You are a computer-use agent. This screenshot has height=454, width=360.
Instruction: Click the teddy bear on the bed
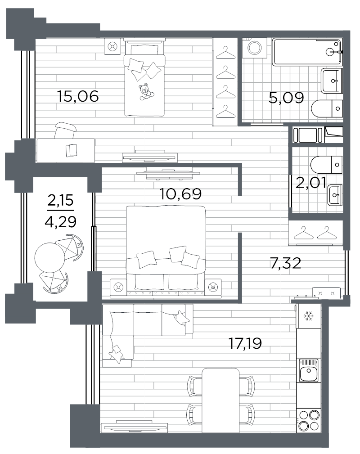pyautogui.click(x=146, y=92)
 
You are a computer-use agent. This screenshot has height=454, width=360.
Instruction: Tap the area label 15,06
pyautogui.click(x=77, y=96)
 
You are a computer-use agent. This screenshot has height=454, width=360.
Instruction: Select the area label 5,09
pyautogui.click(x=286, y=98)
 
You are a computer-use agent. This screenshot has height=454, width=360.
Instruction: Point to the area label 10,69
pyautogui.click(x=180, y=193)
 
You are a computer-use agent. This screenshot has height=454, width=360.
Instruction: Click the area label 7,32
pyautogui.click(x=285, y=263)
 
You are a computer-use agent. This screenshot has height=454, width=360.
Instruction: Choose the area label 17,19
pyautogui.click(x=245, y=343)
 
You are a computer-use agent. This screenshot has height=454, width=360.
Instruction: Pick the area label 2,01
pyautogui.click(x=311, y=183)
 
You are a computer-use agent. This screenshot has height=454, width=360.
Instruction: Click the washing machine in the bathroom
pyautogui.click(x=255, y=48)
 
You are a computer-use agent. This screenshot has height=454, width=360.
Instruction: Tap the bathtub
pyautogui.click(x=307, y=52)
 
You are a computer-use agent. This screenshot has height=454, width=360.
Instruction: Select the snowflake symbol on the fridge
pyautogui.click(x=309, y=316)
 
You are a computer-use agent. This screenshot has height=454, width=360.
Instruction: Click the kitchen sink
pyautogui.click(x=308, y=370)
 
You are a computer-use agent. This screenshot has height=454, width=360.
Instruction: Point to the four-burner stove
pyautogui.click(x=309, y=420)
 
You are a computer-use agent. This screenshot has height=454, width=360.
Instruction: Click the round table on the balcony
pyautogui.click(x=50, y=257)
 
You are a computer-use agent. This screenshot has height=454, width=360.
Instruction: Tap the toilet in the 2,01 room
pyautogui.click(x=326, y=165)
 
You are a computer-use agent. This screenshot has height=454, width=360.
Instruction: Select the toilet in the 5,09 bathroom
pyautogui.click(x=327, y=108)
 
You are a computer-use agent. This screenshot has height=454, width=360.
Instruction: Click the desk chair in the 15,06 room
pyautogui.click(x=65, y=130)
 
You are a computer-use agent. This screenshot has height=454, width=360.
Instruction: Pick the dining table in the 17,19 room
pyautogui.click(x=220, y=400)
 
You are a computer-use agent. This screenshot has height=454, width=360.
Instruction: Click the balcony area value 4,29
pyautogui.click(x=61, y=222)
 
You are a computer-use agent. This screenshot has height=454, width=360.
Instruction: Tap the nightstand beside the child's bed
pyautogui.click(x=112, y=46)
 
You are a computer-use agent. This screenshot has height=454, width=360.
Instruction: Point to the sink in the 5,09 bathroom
pyautogui.click(x=332, y=81)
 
